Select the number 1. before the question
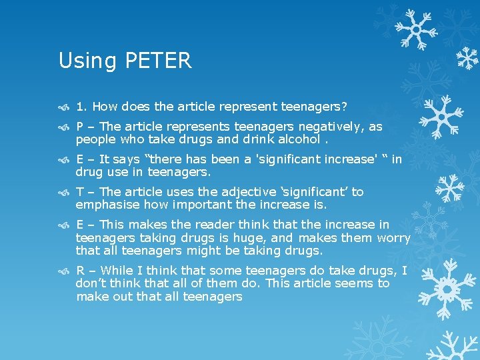(x=82, y=106)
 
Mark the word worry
(x=393, y=238)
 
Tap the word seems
(x=355, y=283)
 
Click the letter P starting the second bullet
(x=79, y=127)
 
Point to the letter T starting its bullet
(x=79, y=192)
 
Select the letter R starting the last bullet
(x=80, y=271)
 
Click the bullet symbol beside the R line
(x=65, y=271)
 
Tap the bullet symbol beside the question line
(x=65, y=107)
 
